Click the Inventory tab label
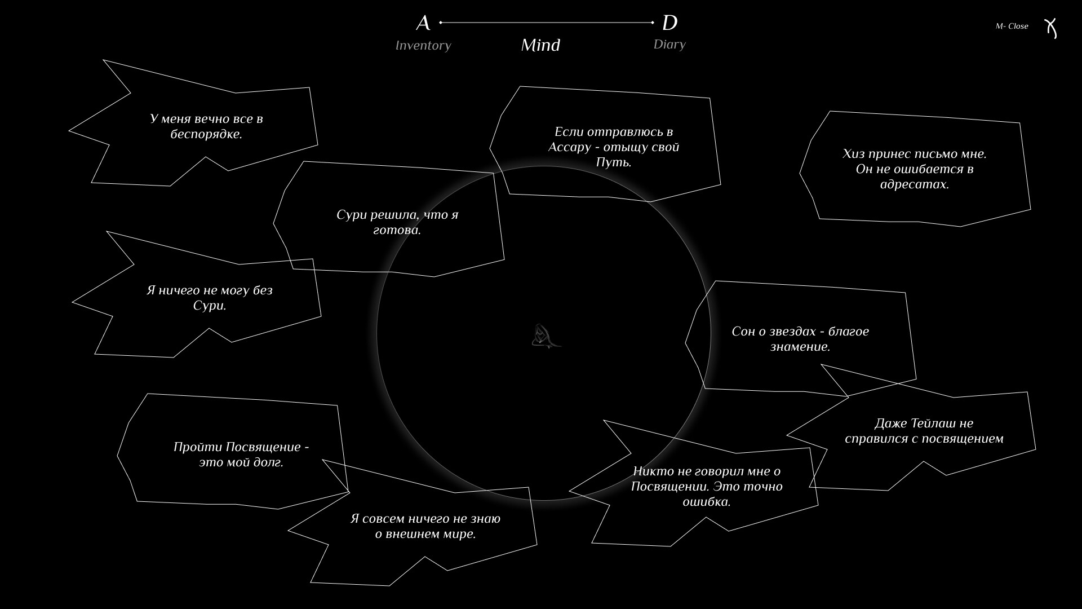(x=423, y=46)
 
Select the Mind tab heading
(x=540, y=45)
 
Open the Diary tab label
(x=669, y=45)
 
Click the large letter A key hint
(x=423, y=23)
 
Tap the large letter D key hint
(x=669, y=23)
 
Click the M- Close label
(x=1012, y=26)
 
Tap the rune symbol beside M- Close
(x=1050, y=28)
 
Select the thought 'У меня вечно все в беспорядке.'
(x=206, y=126)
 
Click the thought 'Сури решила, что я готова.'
(x=397, y=222)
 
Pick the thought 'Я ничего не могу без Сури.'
(x=210, y=298)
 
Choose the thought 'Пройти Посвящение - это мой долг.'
(x=241, y=454)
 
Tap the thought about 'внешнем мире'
(x=425, y=526)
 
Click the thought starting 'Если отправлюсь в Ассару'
(x=614, y=147)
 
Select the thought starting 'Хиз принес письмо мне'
(x=915, y=169)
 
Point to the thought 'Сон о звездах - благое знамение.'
(x=800, y=339)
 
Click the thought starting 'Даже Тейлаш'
(x=924, y=431)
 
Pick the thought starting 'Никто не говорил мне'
(x=707, y=486)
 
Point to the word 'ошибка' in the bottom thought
(x=707, y=502)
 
